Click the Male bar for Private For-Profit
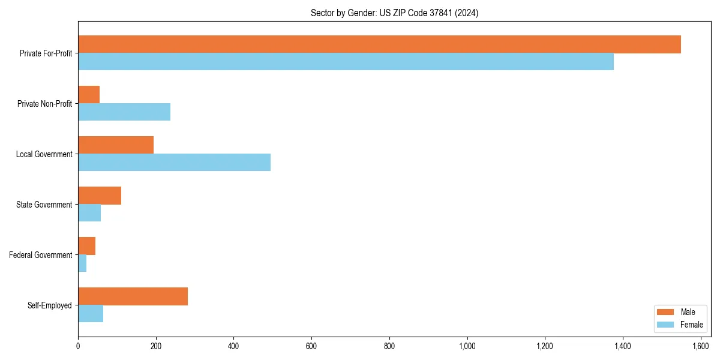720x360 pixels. pos(379,44)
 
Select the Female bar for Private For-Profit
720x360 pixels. pos(346,62)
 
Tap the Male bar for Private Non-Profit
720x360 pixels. pos(89,95)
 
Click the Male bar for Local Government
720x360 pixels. pos(116,145)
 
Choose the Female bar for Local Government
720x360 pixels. pos(174,163)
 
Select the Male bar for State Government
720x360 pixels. pos(100,196)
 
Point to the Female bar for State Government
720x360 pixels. pos(89,213)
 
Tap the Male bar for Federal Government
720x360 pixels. pos(87,246)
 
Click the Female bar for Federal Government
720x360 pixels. pos(82,263)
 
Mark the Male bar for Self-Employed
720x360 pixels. pos(133,296)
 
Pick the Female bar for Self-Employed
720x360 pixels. pos(91,314)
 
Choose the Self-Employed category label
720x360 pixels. pos(49,305)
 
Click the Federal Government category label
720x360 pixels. pos(41,255)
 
